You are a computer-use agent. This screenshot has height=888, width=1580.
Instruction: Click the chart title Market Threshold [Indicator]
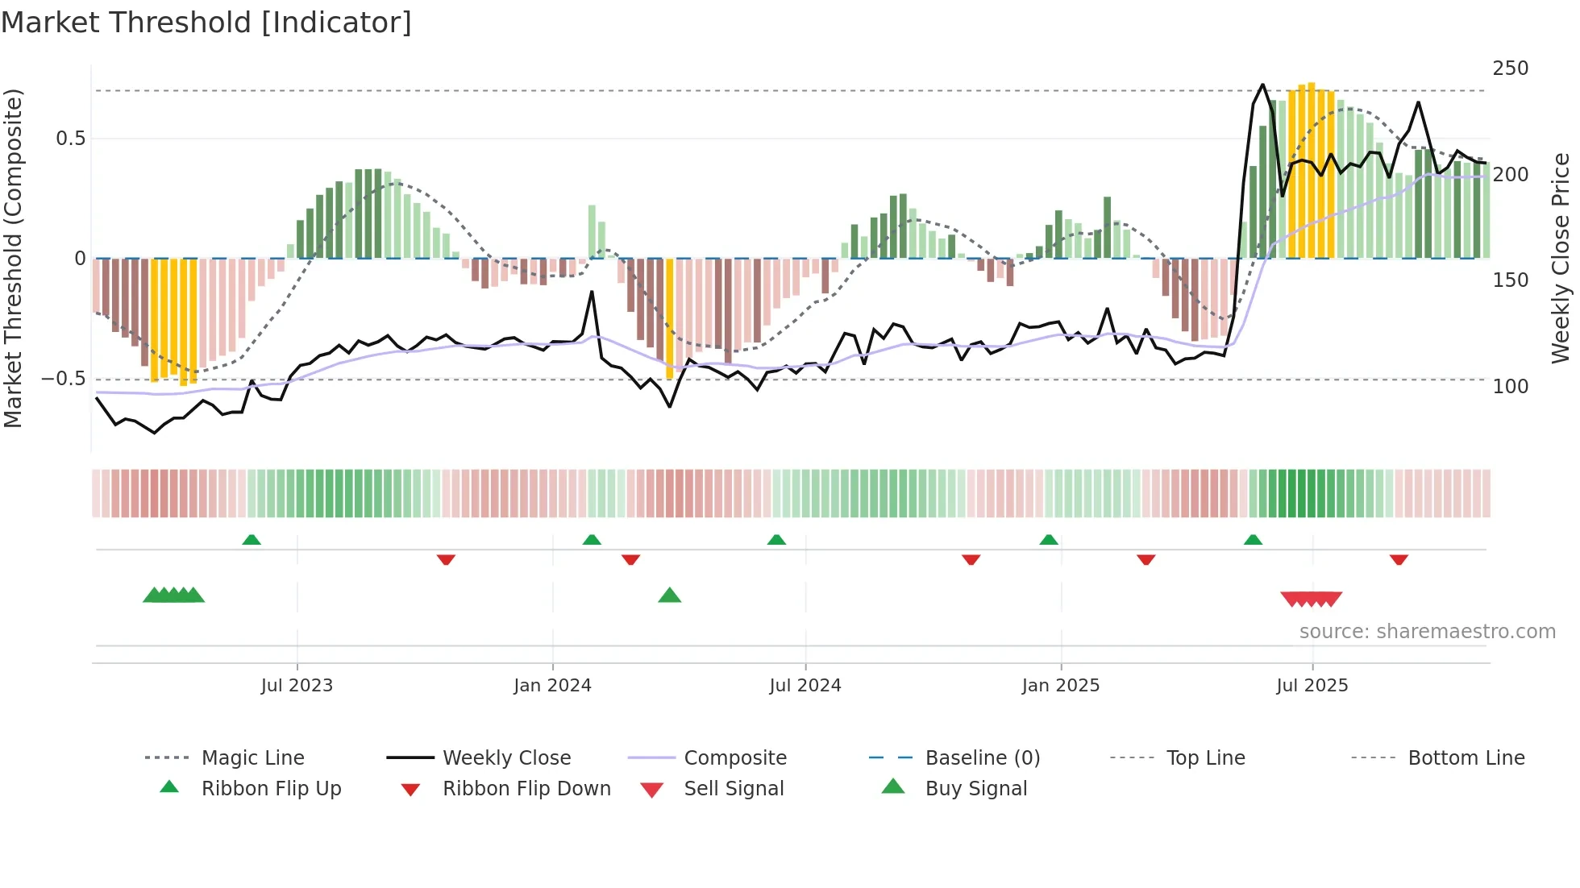point(206,23)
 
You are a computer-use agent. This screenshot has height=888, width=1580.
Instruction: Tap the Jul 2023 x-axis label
point(297,686)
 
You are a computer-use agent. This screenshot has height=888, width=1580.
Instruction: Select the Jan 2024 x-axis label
point(552,686)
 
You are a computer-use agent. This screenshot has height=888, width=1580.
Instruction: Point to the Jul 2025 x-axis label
point(1312,686)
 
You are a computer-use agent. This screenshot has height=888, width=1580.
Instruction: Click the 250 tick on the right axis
point(1510,68)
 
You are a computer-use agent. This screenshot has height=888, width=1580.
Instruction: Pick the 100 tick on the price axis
point(1510,387)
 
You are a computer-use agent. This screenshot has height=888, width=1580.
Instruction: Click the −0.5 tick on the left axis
point(64,379)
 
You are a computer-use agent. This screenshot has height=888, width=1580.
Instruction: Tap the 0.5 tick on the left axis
point(71,139)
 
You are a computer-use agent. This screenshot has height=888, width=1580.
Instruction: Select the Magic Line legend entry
point(252,758)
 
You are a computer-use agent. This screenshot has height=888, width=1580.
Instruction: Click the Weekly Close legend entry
point(506,758)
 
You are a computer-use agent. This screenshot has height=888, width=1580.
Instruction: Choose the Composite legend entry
point(734,758)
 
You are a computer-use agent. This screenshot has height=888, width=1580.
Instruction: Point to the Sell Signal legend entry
point(733,789)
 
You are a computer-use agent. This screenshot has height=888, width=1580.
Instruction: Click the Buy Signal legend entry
point(975,789)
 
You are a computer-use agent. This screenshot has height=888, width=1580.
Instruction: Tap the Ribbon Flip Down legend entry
point(526,789)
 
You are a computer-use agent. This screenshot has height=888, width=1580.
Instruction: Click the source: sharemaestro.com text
point(1427,632)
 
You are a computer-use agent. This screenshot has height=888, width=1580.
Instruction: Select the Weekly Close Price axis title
point(1561,258)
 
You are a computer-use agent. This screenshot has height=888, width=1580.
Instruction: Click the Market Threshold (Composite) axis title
point(13,258)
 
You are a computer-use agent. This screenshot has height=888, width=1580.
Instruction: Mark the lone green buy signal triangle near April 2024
point(670,596)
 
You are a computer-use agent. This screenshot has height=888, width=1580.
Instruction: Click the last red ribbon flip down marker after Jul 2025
point(1399,559)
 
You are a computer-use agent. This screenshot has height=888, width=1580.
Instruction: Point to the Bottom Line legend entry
point(1466,758)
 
